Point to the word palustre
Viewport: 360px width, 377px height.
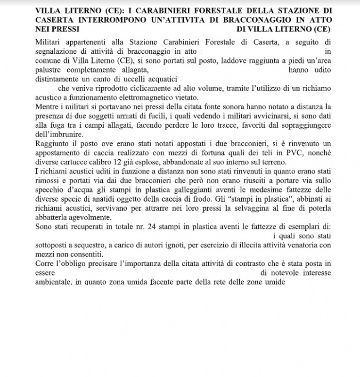coord(49,69)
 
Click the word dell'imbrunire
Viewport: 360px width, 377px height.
coord(59,134)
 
